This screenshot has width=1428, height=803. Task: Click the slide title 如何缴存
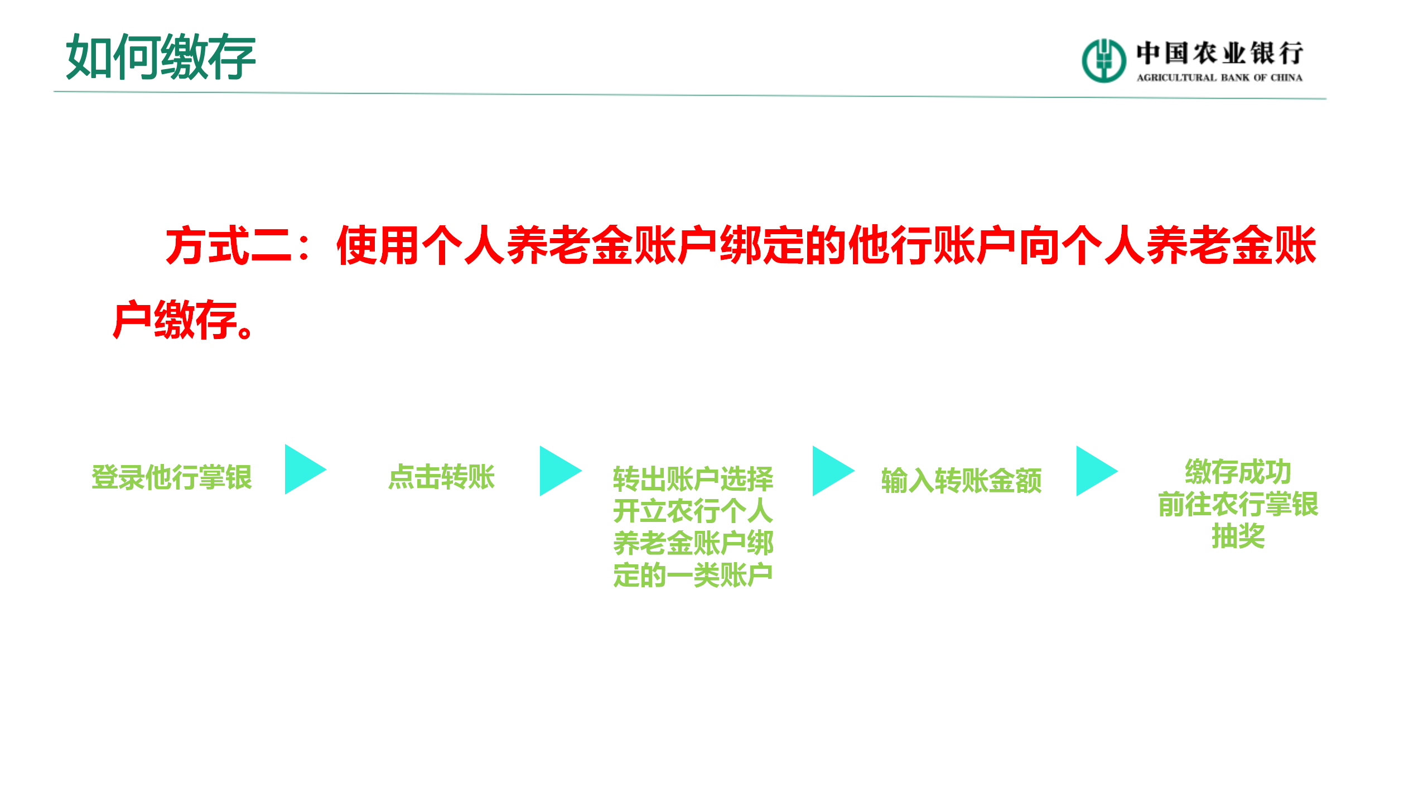coord(161,57)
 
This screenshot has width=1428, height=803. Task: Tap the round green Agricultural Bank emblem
coord(1103,60)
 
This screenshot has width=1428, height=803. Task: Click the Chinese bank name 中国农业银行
coord(1219,54)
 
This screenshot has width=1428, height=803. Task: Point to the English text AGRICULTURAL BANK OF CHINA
coord(1219,78)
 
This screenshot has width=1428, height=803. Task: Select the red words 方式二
coord(229,245)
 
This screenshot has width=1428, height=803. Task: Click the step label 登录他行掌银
coord(172,477)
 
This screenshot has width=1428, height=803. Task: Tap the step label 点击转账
coord(441,477)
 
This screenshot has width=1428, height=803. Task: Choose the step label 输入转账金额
coord(961,481)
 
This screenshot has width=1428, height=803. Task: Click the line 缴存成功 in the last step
coord(1238,472)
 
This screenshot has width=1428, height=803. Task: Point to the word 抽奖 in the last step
coord(1238,536)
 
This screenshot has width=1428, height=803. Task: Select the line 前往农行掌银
coord(1238,504)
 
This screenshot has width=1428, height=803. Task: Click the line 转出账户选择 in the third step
coord(693,478)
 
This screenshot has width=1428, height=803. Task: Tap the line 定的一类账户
coord(693,575)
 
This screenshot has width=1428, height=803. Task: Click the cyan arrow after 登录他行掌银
coord(303,470)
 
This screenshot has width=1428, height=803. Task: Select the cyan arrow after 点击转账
coord(558,471)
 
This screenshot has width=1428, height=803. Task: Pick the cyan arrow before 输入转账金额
coord(831,471)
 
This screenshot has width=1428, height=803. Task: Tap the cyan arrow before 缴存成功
coord(1094,471)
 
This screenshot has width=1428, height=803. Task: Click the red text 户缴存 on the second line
coord(176,320)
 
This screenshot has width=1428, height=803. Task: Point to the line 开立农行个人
coord(693,511)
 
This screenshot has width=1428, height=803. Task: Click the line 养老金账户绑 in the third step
coord(693,543)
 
